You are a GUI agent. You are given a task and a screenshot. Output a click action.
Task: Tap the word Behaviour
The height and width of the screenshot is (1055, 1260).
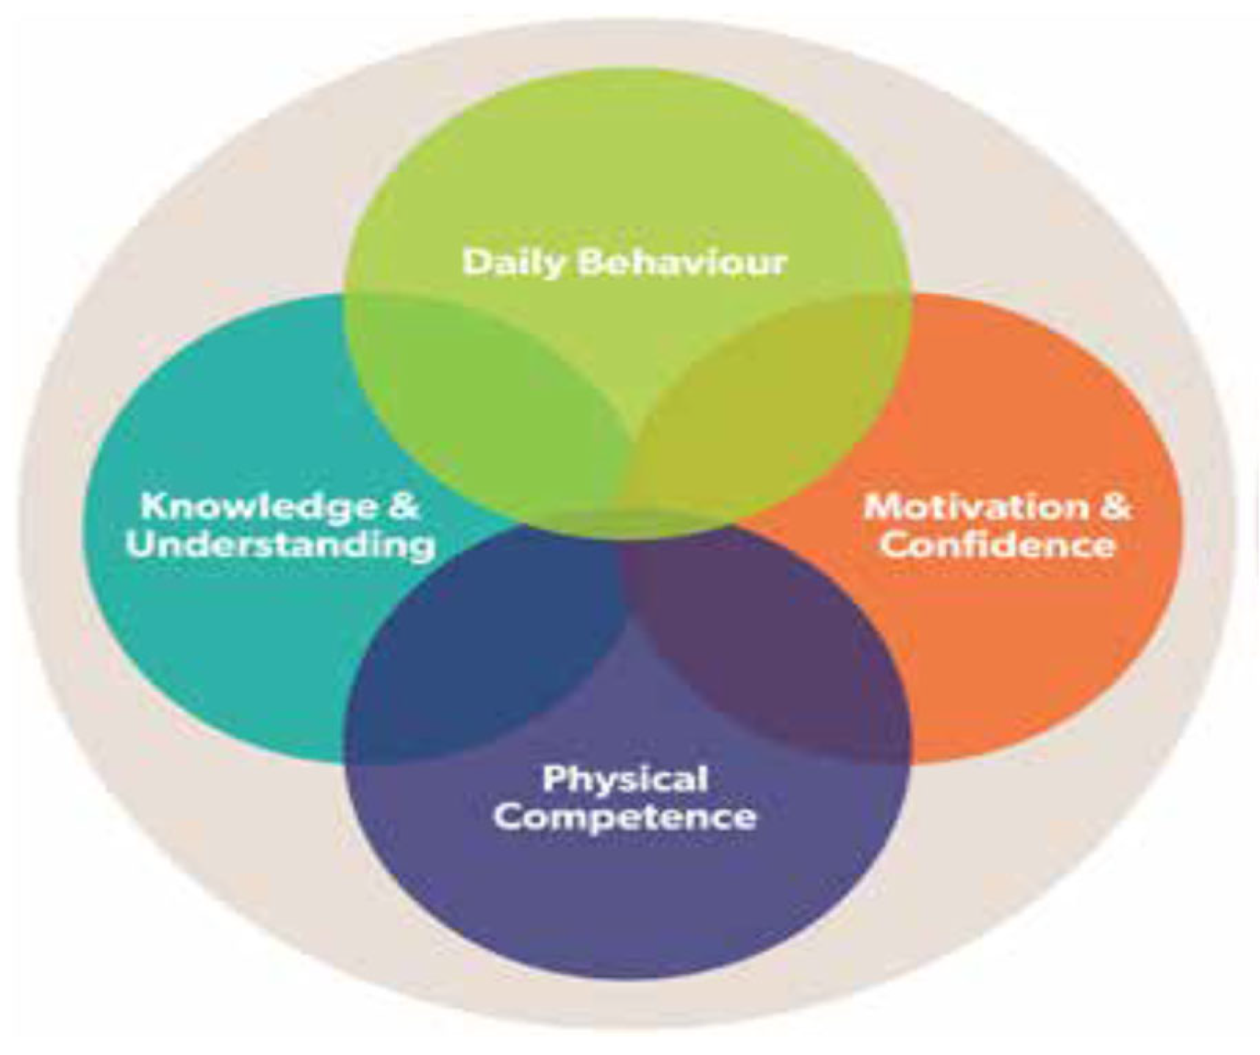pos(682,262)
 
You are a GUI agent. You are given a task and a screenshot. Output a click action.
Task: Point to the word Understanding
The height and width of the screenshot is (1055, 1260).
pos(280,546)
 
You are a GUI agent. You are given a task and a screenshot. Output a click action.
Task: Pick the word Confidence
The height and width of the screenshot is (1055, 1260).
pos(998,546)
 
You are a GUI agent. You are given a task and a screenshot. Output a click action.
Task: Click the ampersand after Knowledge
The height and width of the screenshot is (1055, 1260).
pos(403,507)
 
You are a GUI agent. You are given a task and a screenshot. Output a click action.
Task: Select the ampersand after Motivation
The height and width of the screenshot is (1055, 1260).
pos(1115,507)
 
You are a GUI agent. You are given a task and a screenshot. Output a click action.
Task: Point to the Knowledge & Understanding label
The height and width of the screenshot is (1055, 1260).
pos(280,526)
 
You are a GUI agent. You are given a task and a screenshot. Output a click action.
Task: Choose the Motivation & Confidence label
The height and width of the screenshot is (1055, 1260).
pos(998,526)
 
